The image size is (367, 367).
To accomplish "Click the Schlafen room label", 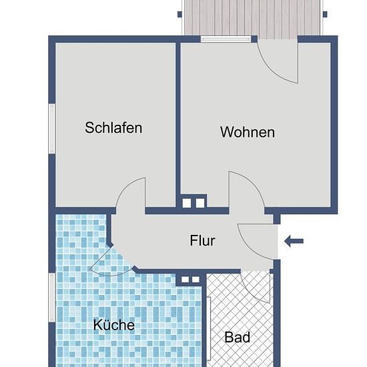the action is (x=113, y=128).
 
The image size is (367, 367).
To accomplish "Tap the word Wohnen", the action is (x=248, y=132).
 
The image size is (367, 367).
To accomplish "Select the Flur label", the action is (x=202, y=240).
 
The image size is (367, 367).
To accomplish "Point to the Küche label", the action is (x=113, y=324).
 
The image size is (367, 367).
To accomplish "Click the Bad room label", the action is (x=237, y=337).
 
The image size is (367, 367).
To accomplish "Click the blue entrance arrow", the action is (x=294, y=241).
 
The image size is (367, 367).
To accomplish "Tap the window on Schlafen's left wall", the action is (x=52, y=129).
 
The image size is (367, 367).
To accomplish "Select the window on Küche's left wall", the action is (x=52, y=297).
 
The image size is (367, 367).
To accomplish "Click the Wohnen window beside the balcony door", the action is (x=226, y=39).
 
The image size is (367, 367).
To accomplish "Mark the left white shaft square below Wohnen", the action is (x=187, y=203).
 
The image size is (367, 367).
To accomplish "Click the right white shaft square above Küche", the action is (x=196, y=280).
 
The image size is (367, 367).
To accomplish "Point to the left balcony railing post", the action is (x=179, y=15).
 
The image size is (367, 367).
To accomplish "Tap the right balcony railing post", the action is (x=325, y=15).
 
